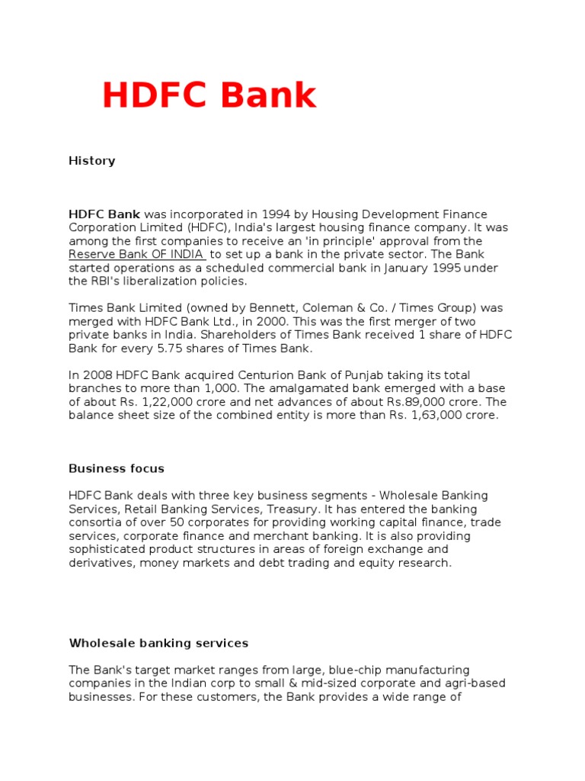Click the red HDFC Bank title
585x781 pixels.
pyautogui.click(x=209, y=96)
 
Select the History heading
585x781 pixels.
pyautogui.click(x=91, y=161)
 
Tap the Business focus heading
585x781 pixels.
pyautogui.click(x=117, y=468)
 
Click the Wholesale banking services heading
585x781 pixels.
pyautogui.click(x=158, y=643)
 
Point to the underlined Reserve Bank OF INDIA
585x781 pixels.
pyautogui.click(x=136, y=254)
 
